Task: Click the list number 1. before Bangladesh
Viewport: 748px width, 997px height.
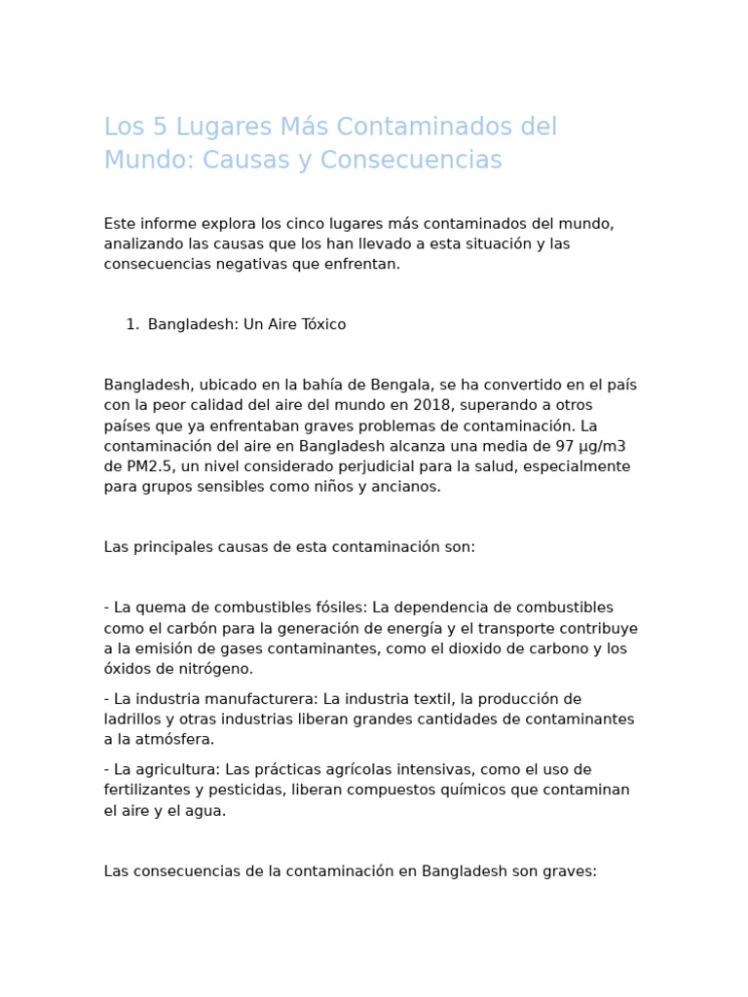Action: click(x=132, y=325)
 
